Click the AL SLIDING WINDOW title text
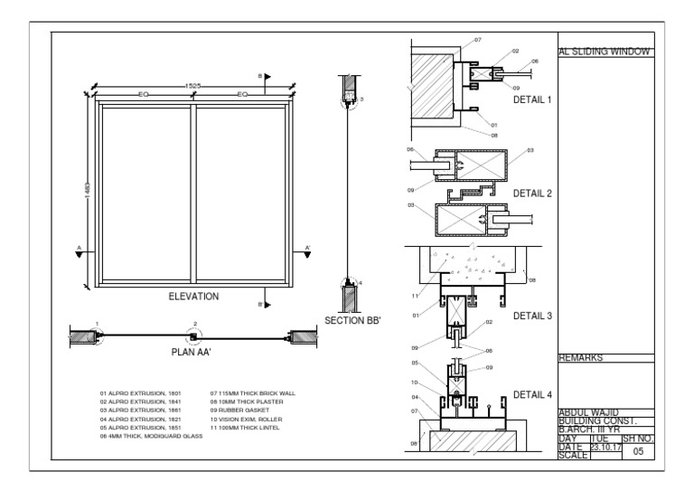[605, 52]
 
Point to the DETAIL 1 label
[531, 100]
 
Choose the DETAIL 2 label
[531, 194]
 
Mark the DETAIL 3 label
[531, 316]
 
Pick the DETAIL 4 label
[531, 394]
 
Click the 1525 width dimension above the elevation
[192, 86]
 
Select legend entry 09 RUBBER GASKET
[237, 411]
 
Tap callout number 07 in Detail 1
[478, 41]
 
